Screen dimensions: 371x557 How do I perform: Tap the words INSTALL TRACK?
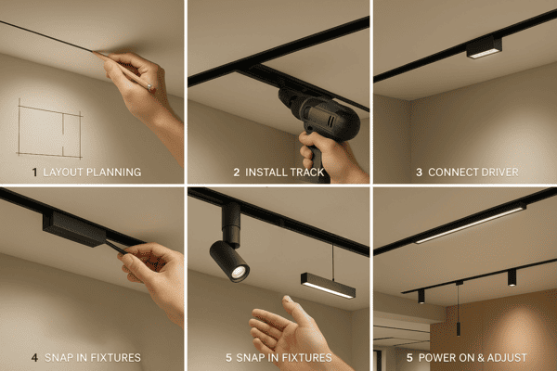(x=284, y=172)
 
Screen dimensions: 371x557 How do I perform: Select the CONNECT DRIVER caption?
(x=473, y=172)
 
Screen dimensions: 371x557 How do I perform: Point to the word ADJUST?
(x=505, y=357)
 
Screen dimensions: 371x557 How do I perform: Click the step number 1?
(x=35, y=172)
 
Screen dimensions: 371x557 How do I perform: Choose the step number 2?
(x=237, y=172)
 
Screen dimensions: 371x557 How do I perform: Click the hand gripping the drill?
(x=325, y=153)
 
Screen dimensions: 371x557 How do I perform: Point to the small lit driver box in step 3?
(x=484, y=48)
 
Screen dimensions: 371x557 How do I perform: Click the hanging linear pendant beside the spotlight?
(x=328, y=285)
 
